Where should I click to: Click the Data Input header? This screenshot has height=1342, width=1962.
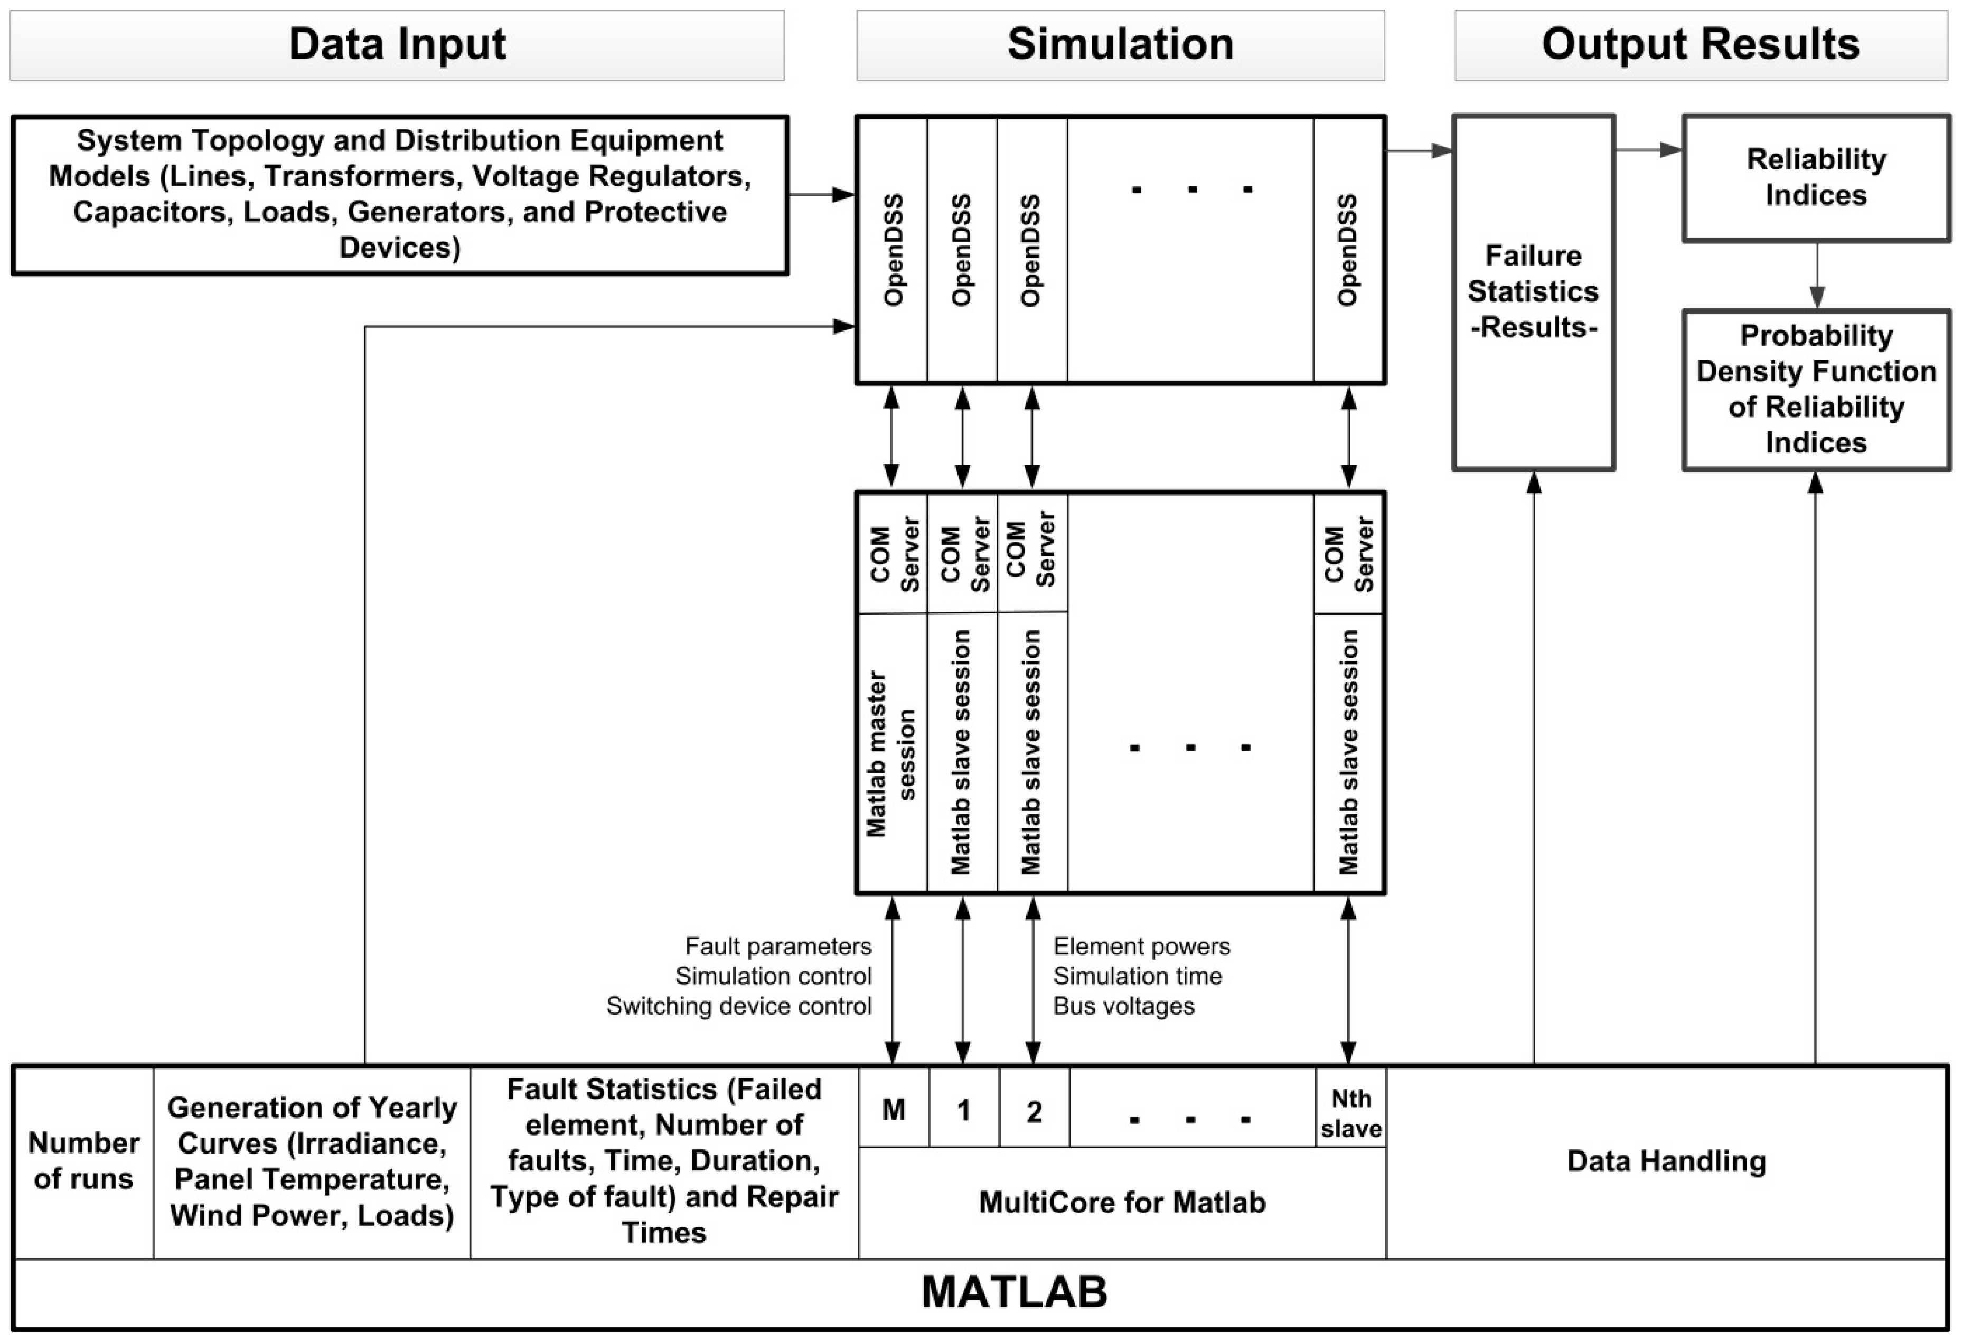[x=397, y=45]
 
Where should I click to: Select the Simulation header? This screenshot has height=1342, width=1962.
[x=1120, y=45]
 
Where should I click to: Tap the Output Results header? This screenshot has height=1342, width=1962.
[x=1700, y=45]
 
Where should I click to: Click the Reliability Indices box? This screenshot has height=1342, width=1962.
[x=1816, y=177]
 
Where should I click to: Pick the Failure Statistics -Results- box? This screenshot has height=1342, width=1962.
[x=1533, y=291]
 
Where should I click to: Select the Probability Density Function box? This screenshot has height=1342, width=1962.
[x=1816, y=389]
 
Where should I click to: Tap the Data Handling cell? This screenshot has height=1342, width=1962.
[x=1667, y=1161]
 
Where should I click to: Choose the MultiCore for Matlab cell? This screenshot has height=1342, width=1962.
[x=1122, y=1202]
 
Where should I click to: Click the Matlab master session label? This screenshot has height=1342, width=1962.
[x=890, y=754]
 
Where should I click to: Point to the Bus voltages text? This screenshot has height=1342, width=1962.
[x=1124, y=1006]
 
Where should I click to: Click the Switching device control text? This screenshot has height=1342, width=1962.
[x=739, y=1006]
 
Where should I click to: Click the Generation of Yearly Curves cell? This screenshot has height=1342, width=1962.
[x=312, y=1161]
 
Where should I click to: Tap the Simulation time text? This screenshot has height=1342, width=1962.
[x=1137, y=977]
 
